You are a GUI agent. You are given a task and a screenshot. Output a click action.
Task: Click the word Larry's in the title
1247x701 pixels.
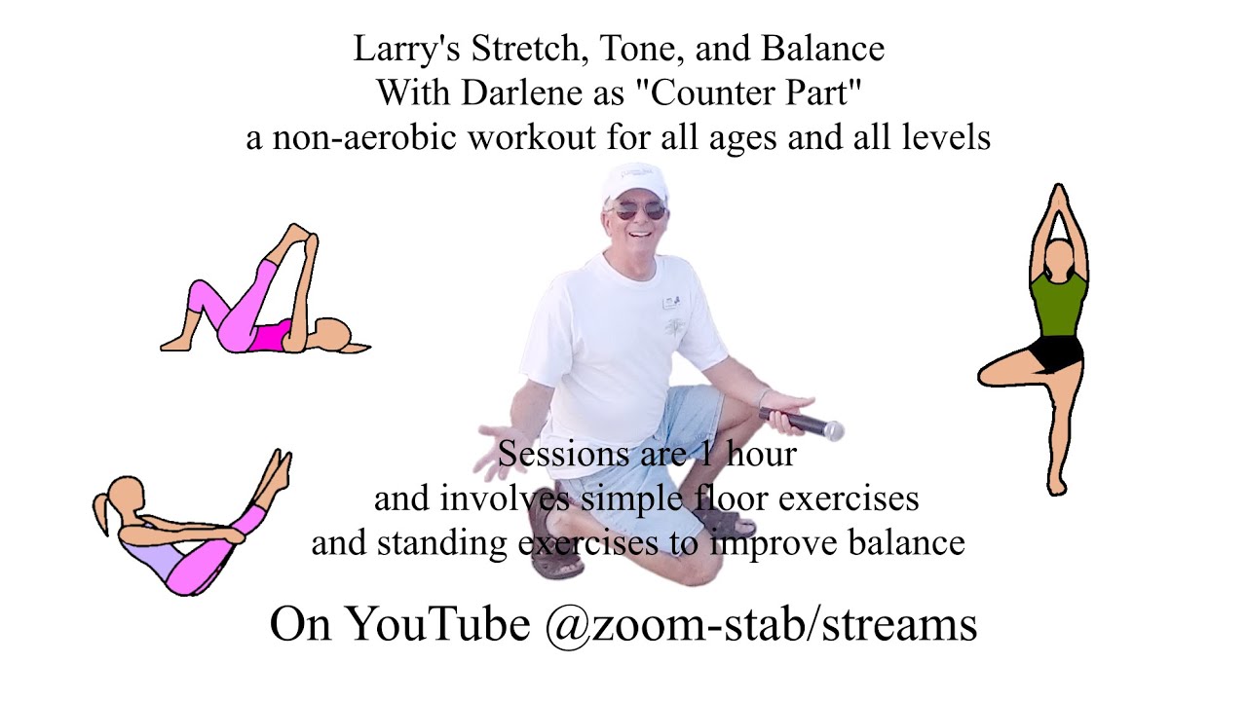(407, 49)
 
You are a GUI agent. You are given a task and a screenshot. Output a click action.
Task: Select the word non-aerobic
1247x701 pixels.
(364, 137)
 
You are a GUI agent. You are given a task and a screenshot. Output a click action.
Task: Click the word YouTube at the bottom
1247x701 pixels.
(438, 624)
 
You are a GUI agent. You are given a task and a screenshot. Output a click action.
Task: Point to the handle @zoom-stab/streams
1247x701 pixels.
(761, 624)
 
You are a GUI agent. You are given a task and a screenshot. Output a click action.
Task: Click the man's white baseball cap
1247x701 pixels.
(634, 181)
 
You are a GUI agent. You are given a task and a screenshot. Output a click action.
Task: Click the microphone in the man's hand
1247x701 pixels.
(802, 424)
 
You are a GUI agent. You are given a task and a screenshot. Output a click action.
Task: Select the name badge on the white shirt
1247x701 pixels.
(671, 302)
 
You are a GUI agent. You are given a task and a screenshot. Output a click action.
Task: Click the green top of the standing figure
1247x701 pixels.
(1058, 305)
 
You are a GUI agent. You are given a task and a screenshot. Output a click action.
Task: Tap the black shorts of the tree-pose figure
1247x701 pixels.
(1055, 353)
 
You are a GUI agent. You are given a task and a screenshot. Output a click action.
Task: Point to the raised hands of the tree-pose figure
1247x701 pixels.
(1058, 201)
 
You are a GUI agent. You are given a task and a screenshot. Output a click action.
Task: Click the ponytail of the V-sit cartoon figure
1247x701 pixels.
(101, 512)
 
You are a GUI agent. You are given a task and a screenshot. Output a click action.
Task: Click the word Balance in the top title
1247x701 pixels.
(823, 49)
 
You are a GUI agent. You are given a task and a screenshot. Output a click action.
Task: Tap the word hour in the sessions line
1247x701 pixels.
(762, 454)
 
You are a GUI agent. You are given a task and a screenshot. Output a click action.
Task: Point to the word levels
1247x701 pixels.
(946, 137)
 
